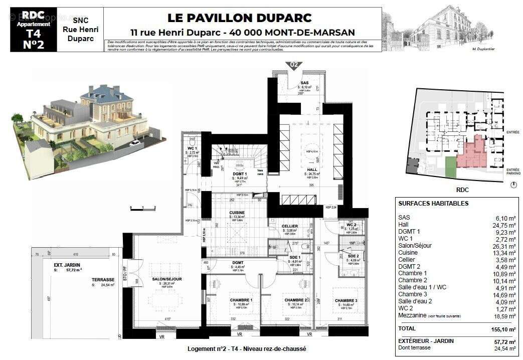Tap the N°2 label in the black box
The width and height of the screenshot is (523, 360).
coord(34,44)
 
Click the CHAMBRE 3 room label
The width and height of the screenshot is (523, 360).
coord(346,300)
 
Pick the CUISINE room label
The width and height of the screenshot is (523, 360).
coord(237,213)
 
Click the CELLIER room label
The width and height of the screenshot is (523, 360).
coord(290,226)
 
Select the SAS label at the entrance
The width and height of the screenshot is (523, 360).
coord(304,83)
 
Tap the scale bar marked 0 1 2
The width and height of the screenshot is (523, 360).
coord(142,208)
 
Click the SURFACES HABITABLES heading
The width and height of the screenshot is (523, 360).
coord(433,204)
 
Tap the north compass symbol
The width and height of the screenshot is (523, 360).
coord(512,185)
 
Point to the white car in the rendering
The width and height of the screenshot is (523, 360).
coord(134,143)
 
